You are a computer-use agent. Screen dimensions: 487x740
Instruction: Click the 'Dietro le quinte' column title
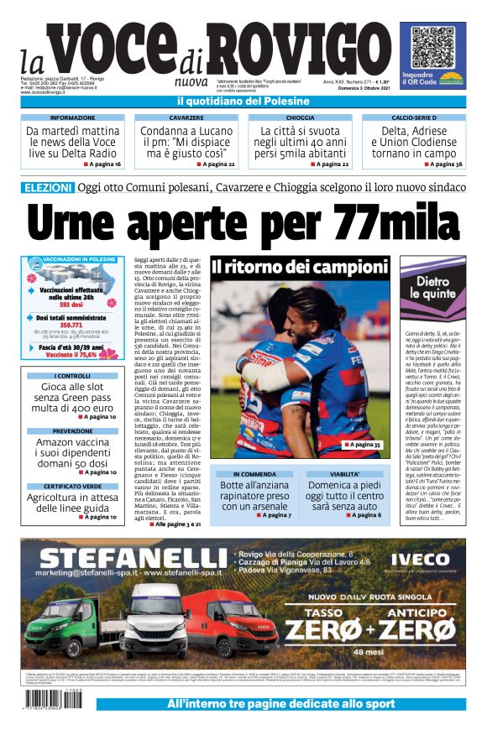point(433,289)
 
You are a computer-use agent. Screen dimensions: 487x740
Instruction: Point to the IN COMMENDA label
point(254,474)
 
